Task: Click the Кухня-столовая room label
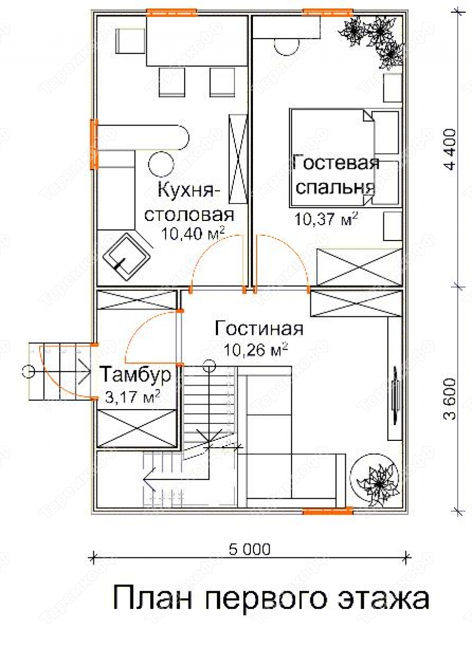pyautogui.click(x=189, y=202)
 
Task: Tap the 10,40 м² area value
pyautogui.click(x=193, y=234)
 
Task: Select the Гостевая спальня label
pyautogui.click(x=335, y=174)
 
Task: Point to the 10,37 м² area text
pyautogui.click(x=326, y=219)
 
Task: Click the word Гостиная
pyautogui.click(x=259, y=329)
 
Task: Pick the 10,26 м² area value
pyautogui.click(x=256, y=350)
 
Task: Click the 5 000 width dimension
pyautogui.click(x=250, y=549)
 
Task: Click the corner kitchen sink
pyautogui.click(x=127, y=256)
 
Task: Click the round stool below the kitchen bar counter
pyautogui.click(x=161, y=164)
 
